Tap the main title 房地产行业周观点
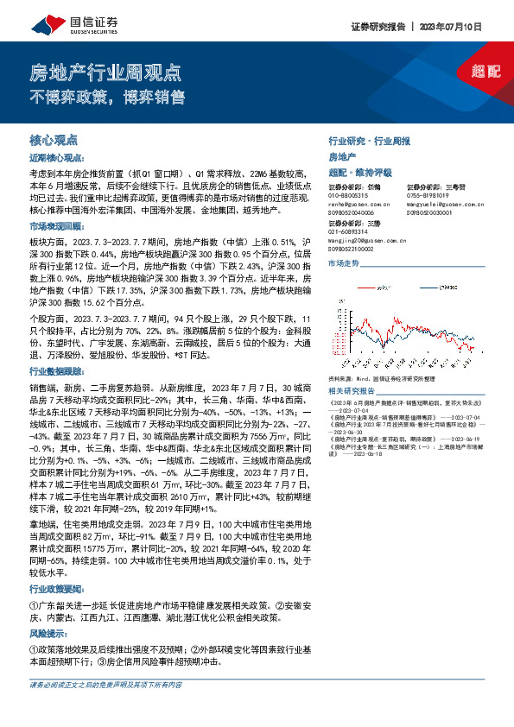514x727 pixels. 105,72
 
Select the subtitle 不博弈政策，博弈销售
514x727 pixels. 107,96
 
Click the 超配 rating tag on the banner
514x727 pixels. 485,72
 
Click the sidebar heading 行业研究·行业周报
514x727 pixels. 369,140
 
